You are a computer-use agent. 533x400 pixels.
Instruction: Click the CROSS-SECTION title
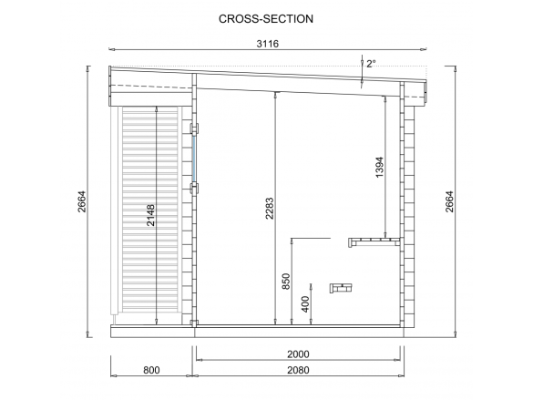(266, 19)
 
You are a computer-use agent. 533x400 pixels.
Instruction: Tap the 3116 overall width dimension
(268, 44)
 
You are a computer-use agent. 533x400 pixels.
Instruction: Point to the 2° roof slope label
(371, 64)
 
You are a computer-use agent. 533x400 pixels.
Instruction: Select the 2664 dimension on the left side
(82, 201)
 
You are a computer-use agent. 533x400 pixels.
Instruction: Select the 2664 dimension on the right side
(449, 201)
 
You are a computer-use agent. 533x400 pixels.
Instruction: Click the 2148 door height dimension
(150, 215)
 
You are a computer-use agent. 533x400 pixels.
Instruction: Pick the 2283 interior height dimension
(269, 209)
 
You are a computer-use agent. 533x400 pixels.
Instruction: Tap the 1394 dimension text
(379, 167)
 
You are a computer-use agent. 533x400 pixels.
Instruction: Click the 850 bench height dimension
(286, 282)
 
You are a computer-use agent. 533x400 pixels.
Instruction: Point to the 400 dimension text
(305, 304)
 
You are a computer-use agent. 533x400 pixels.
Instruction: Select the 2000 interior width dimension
(298, 354)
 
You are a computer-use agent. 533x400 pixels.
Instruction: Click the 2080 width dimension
(298, 370)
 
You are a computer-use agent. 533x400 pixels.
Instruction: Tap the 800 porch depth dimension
(151, 370)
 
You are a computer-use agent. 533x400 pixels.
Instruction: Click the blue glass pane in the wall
(194, 159)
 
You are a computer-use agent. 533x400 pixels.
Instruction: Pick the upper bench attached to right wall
(374, 242)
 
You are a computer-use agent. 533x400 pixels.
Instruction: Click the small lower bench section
(341, 288)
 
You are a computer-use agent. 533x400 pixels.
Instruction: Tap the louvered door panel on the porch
(150, 210)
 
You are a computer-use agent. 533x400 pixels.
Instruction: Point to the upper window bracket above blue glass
(194, 128)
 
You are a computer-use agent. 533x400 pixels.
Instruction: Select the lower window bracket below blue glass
(194, 189)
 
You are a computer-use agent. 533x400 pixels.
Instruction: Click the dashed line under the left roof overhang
(151, 87)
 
